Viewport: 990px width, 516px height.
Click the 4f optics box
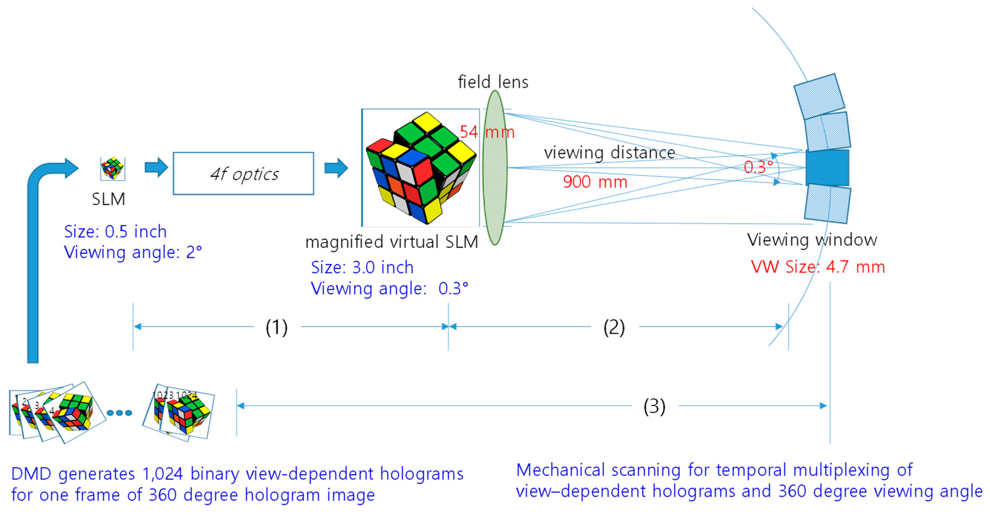(x=243, y=174)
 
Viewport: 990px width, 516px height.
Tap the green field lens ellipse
(x=495, y=168)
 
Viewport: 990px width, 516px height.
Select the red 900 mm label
(x=594, y=182)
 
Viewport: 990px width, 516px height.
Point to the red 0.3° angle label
(x=758, y=167)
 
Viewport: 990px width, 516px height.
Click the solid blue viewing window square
(x=827, y=168)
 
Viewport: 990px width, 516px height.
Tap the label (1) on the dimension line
(x=276, y=327)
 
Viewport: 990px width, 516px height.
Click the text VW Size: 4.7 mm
(x=818, y=267)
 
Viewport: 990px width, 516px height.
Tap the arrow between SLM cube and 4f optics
(x=156, y=168)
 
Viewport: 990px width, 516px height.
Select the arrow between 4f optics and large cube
(x=336, y=168)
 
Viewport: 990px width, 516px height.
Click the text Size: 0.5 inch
(x=115, y=232)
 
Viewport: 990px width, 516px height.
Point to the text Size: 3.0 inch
(x=362, y=267)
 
